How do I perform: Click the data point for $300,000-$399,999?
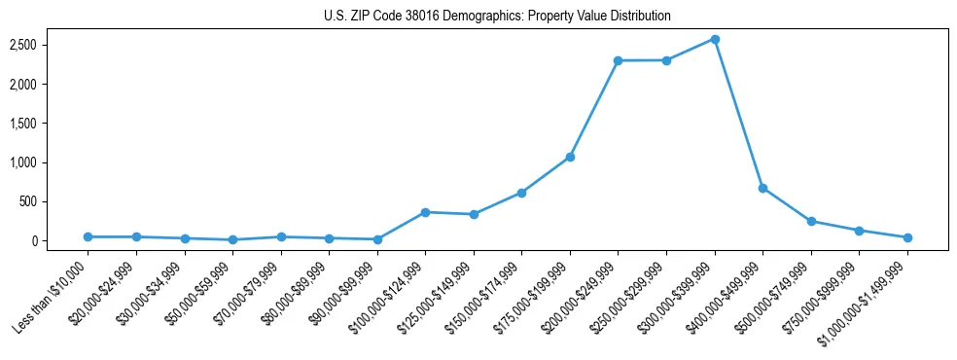(x=715, y=39)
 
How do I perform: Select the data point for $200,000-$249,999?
(x=618, y=60)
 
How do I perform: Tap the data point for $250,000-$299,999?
(x=666, y=60)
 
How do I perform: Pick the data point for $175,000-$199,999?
(x=570, y=157)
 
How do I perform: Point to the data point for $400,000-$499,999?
(x=762, y=188)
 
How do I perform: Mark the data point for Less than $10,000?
(x=88, y=236)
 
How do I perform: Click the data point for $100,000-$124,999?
(x=425, y=212)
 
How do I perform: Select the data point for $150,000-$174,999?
(x=521, y=193)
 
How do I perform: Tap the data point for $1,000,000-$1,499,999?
(x=907, y=237)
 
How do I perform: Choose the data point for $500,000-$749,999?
(x=811, y=221)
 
